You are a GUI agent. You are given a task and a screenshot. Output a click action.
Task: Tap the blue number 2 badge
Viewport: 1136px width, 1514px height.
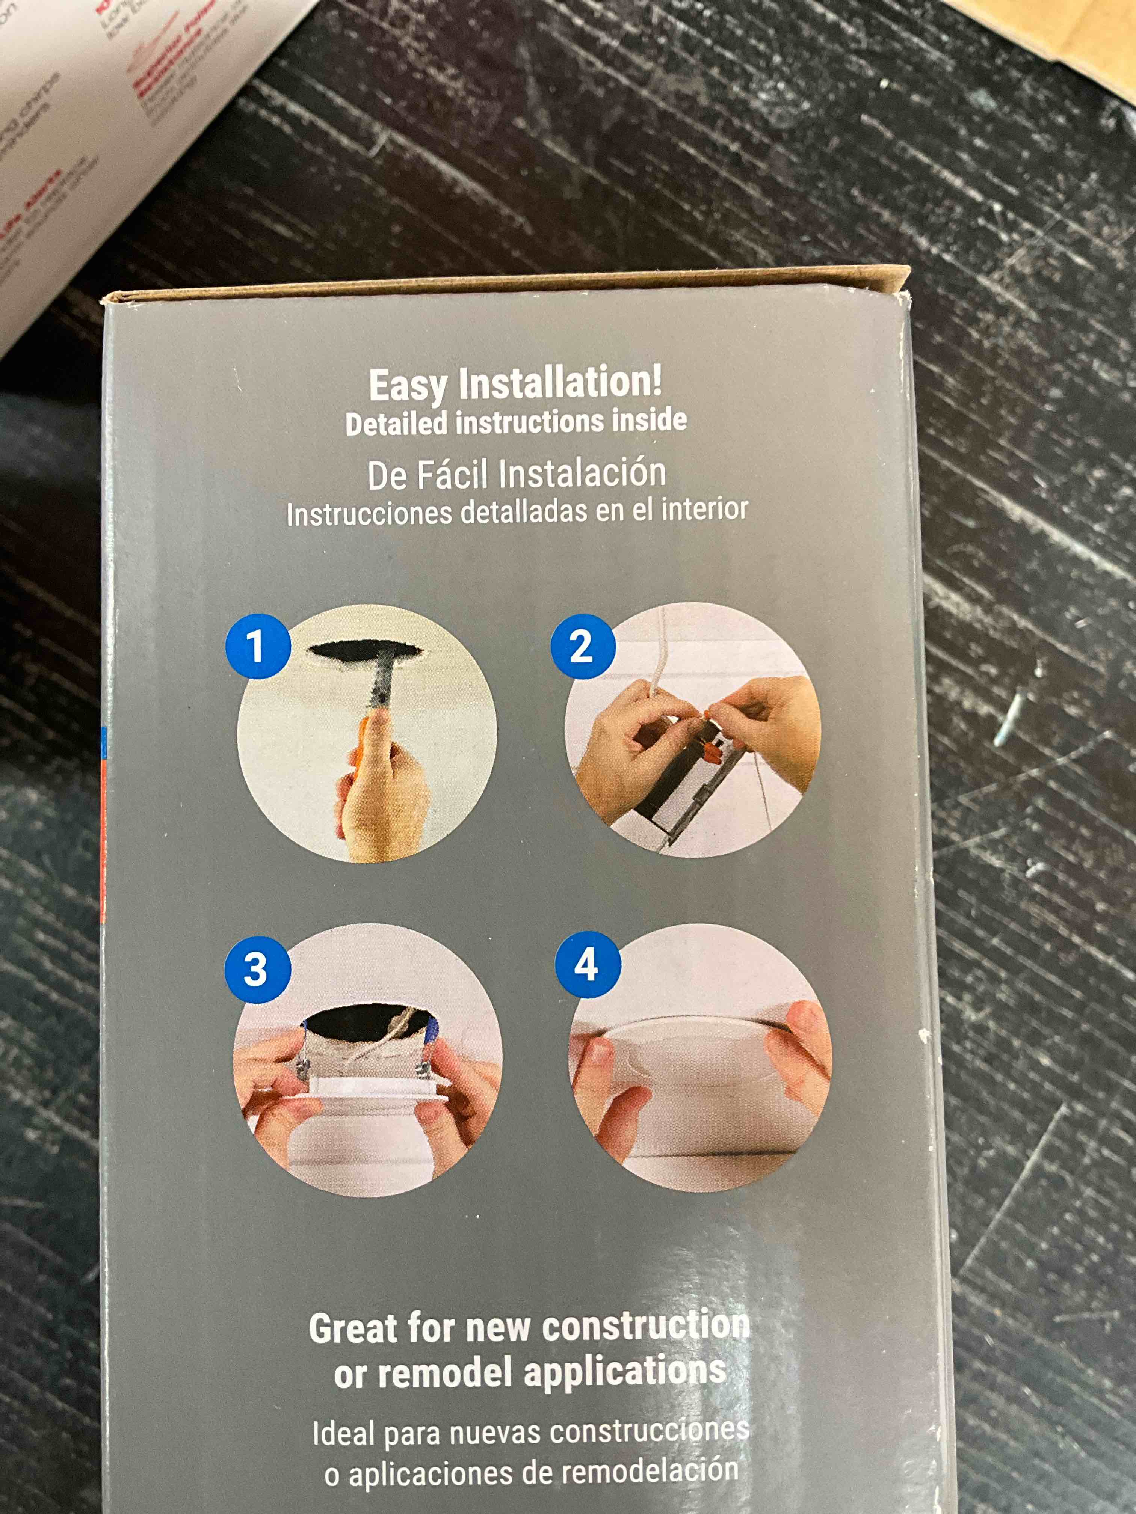pyautogui.click(x=582, y=646)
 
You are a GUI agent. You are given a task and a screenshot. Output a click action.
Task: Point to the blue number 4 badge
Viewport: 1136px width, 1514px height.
pyautogui.click(x=586, y=965)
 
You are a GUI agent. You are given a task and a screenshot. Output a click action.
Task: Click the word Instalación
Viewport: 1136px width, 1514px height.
pyautogui.click(x=582, y=473)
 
